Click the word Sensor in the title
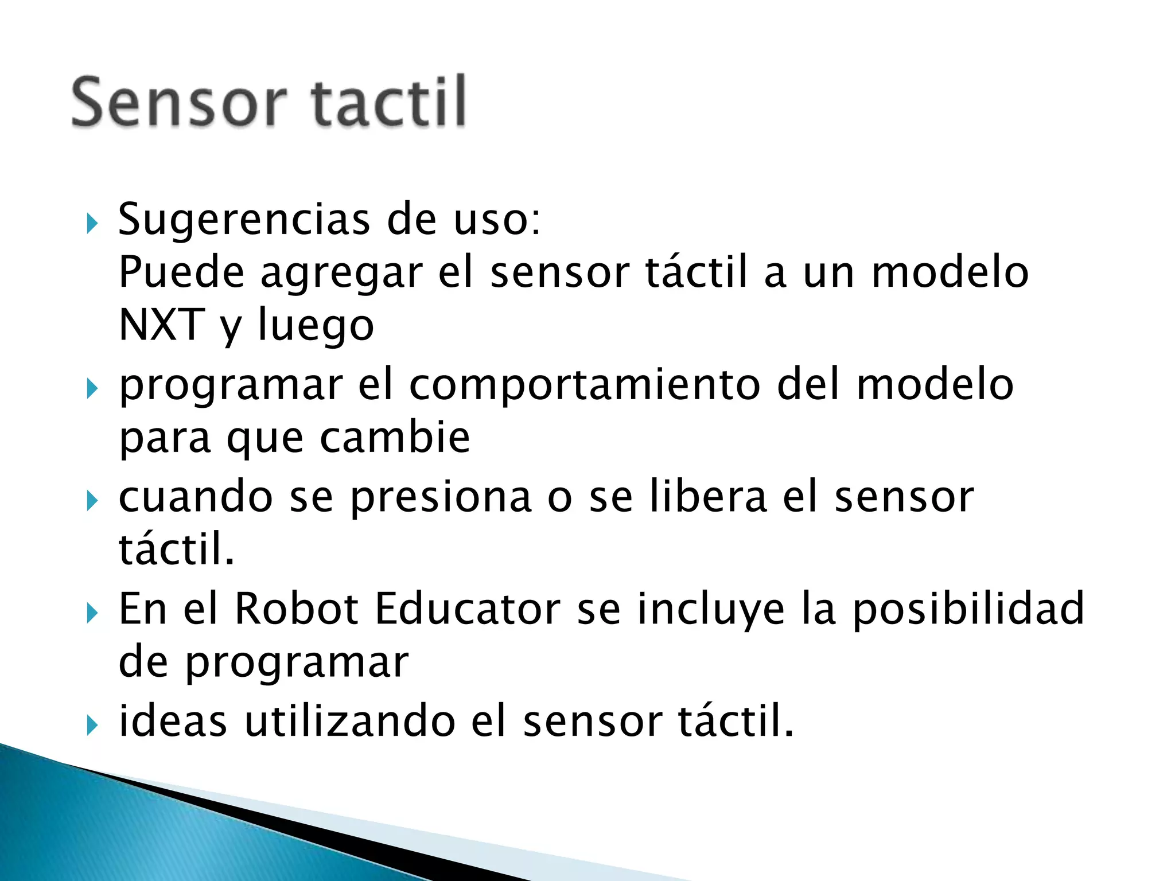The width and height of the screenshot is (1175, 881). pyautogui.click(x=178, y=103)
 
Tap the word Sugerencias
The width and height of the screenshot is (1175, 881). pyautogui.click(x=244, y=220)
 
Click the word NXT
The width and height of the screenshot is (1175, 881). pyautogui.click(x=161, y=325)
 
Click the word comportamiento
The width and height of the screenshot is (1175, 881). pyautogui.click(x=585, y=385)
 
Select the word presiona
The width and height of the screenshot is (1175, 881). pyautogui.click(x=441, y=497)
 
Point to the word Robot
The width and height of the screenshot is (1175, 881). pyautogui.click(x=297, y=609)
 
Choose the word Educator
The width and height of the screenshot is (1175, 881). pyautogui.click(x=468, y=609)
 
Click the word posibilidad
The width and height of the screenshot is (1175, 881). pyautogui.click(x=968, y=610)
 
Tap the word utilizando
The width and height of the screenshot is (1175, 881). pyautogui.click(x=350, y=721)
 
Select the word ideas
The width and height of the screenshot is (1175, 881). pyautogui.click(x=173, y=721)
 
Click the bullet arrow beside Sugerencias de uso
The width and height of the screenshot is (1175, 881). pyautogui.click(x=92, y=224)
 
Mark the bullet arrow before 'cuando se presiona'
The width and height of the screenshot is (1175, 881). pyautogui.click(x=92, y=501)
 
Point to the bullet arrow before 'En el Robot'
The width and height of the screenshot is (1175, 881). pyautogui.click(x=92, y=613)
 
